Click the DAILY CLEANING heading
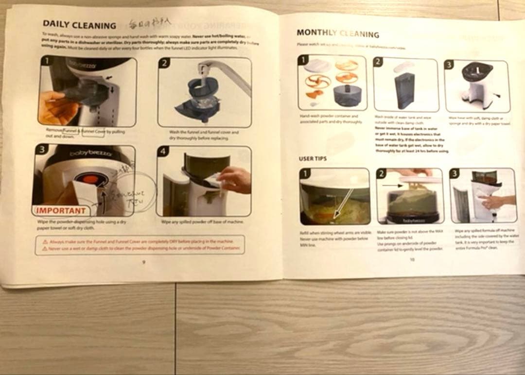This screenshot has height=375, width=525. (x=79, y=25)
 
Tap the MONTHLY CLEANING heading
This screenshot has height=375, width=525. (x=337, y=33)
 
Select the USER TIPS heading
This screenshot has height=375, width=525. (x=312, y=159)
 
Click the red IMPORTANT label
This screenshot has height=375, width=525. (x=61, y=211)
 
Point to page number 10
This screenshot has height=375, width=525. (x=412, y=260)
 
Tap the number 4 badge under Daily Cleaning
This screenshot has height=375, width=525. (x=163, y=152)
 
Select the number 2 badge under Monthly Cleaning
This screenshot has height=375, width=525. (x=378, y=62)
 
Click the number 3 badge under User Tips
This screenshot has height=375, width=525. (x=454, y=173)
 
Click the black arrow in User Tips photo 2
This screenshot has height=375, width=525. (x=388, y=186)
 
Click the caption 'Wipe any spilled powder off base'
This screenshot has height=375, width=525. (x=202, y=222)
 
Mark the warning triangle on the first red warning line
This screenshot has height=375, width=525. (x=45, y=241)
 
